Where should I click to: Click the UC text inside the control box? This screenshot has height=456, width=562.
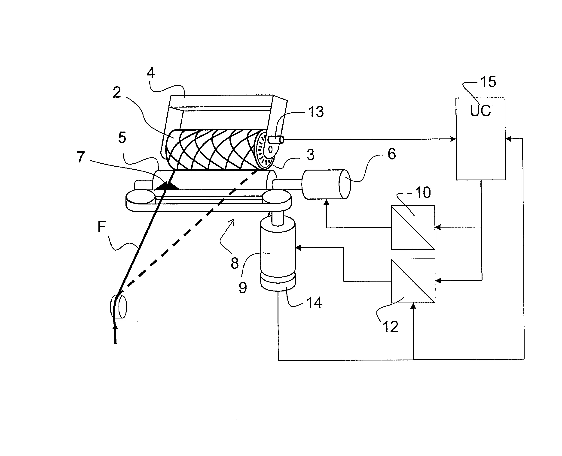tap(480, 111)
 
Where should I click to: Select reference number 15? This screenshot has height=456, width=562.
tap(488, 82)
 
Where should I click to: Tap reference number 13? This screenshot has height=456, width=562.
tap(316, 112)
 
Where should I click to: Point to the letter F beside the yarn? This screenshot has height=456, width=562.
tap(102, 227)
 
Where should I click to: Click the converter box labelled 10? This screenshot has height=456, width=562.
tap(413, 228)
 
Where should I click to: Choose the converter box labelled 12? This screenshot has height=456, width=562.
tap(413, 281)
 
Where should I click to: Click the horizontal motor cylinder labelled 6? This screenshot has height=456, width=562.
tap(326, 184)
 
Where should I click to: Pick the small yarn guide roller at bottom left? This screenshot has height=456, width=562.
tap(119, 307)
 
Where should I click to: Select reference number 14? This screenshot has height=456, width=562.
tap(314, 303)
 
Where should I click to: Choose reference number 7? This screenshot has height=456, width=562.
tap(81, 157)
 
